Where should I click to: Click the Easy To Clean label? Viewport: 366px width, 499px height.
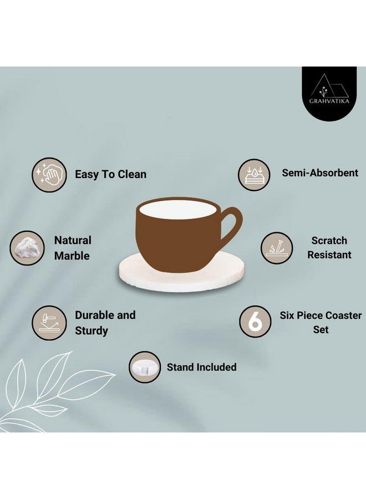110,174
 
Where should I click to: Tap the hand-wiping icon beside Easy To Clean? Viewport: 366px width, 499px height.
49,175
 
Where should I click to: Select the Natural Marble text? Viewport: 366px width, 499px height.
72,248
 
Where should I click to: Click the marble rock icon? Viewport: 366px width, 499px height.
27,248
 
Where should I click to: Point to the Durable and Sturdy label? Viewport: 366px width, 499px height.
105,323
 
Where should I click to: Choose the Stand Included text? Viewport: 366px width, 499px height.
201,367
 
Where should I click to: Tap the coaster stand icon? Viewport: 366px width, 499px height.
145,367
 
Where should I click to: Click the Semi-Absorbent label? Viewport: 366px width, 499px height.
320,172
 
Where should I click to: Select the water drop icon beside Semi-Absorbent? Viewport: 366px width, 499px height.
255,175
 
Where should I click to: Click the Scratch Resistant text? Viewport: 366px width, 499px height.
329,248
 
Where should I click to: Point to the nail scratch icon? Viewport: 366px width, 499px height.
277,248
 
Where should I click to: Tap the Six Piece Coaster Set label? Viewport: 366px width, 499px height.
320,322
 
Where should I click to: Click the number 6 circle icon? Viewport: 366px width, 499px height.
255,322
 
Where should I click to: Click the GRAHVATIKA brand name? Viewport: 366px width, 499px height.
333,100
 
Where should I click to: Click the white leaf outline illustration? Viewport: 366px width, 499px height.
50,388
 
